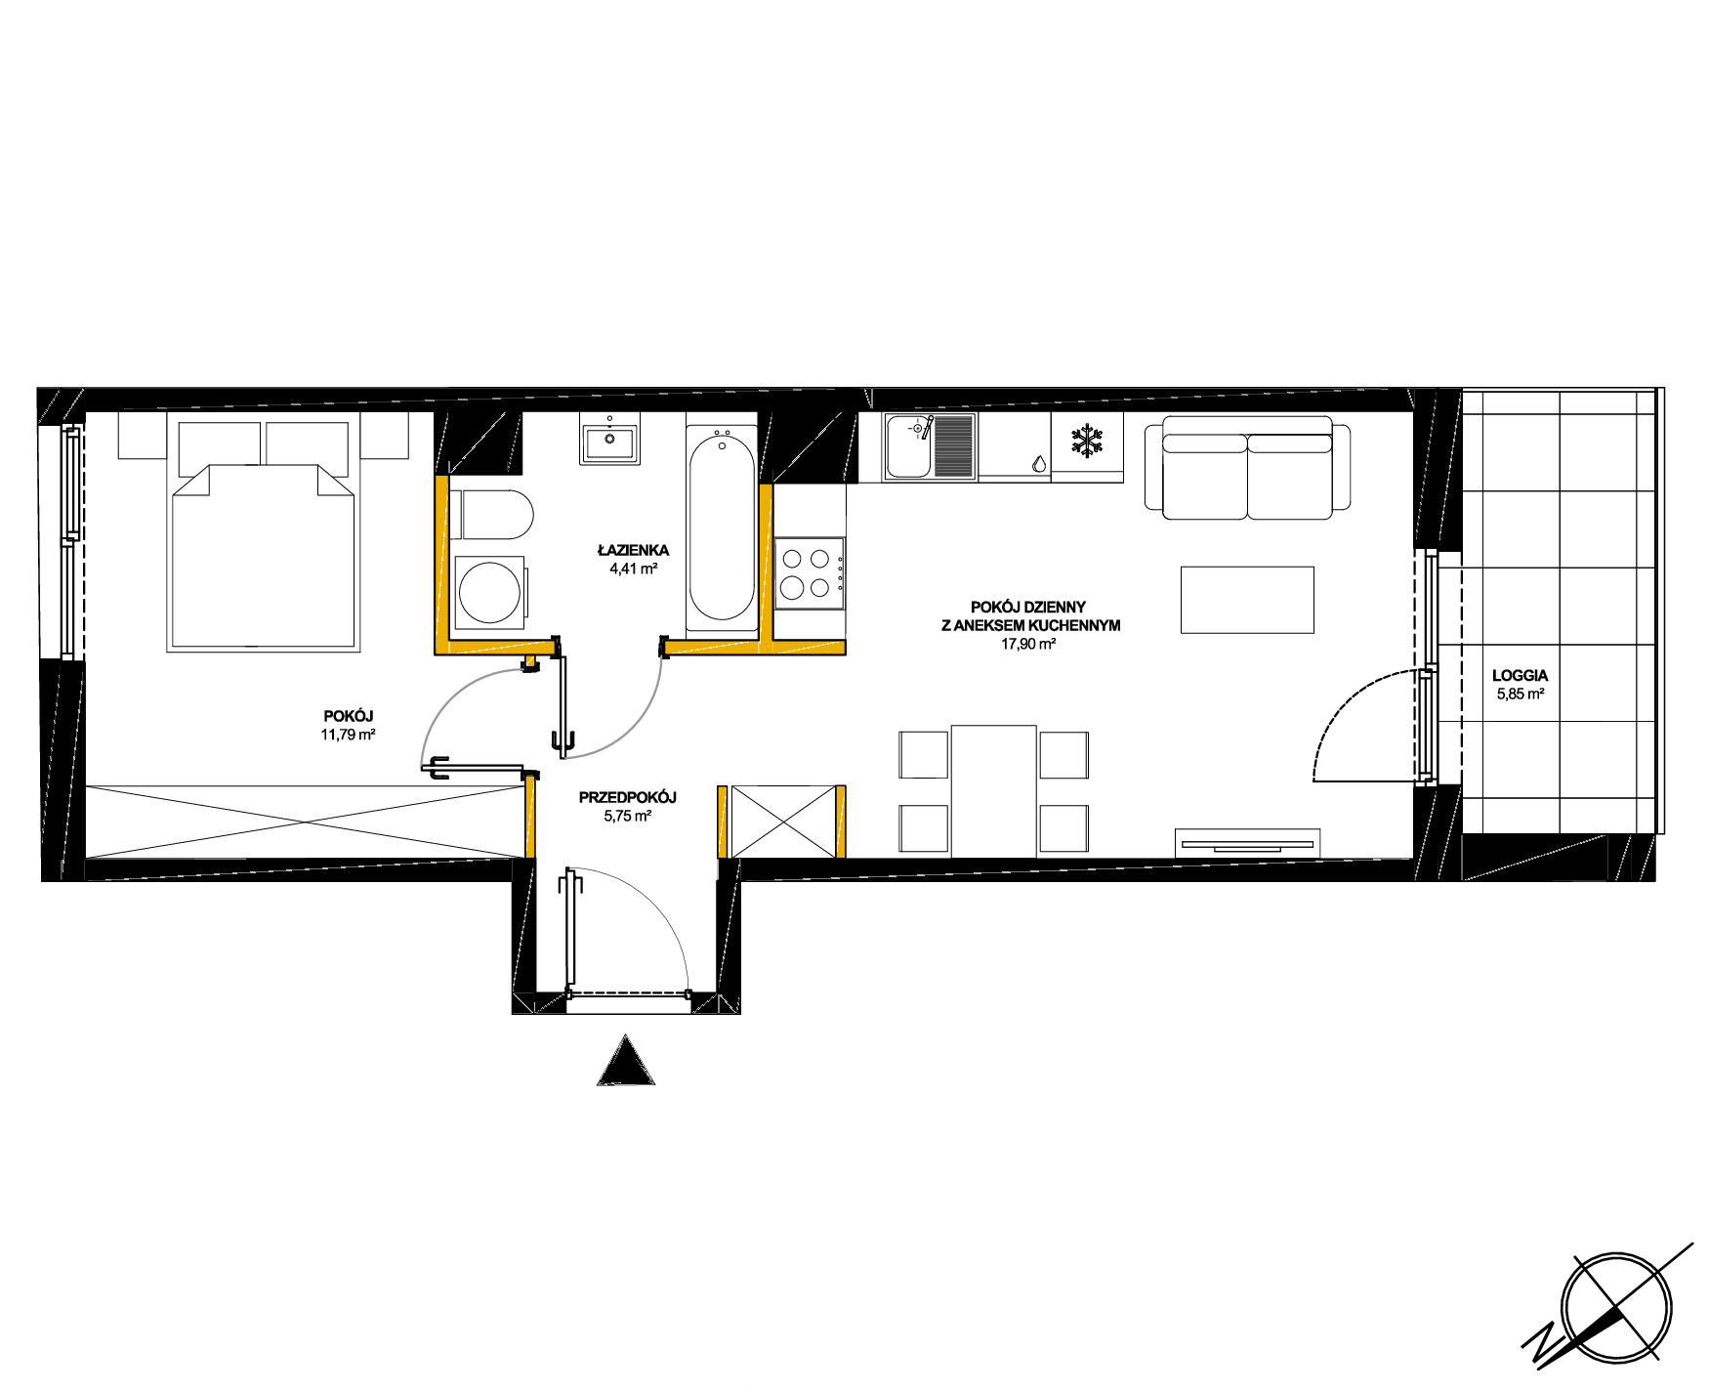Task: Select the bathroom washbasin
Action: pos(609,439)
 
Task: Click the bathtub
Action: pos(722,527)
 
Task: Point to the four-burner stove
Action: pos(810,573)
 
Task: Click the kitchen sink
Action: pos(930,446)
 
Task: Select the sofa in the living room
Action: pos(1247,468)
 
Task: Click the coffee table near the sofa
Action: pos(1247,600)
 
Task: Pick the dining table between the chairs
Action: pos(994,791)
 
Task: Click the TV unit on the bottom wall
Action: pos(1247,843)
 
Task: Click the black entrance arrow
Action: pos(626,1060)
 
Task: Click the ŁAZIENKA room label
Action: pos(633,551)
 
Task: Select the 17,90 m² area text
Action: pos(1028,645)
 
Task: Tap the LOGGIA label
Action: pos(1520,675)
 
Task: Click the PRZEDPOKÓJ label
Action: pos(627,798)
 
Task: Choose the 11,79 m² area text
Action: pos(349,735)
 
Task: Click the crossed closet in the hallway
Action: pos(783,822)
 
